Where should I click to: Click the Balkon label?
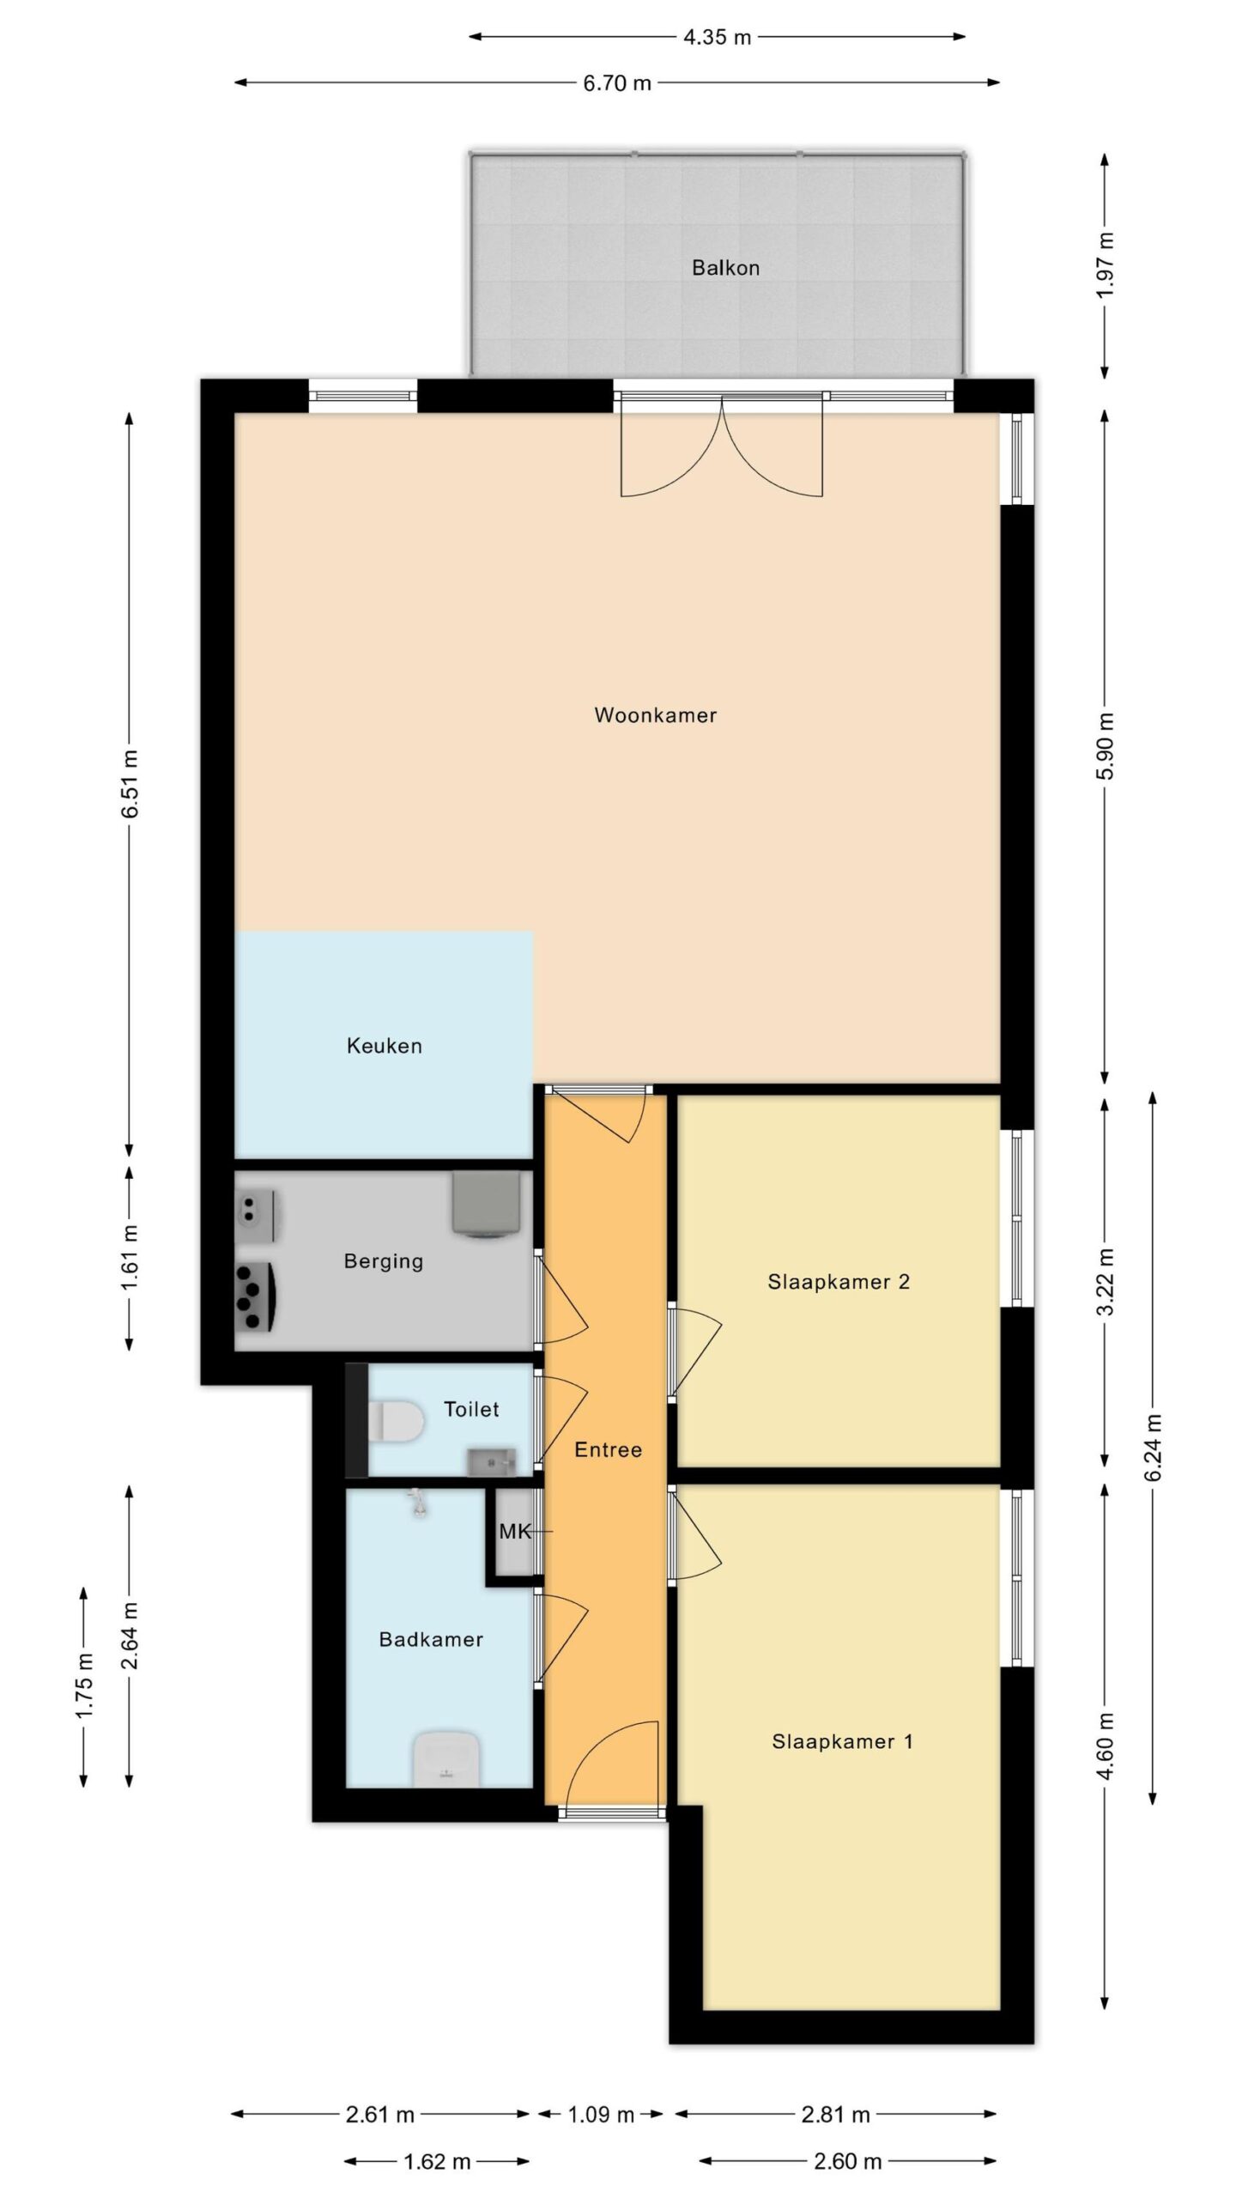(x=725, y=268)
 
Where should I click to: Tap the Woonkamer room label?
(x=655, y=715)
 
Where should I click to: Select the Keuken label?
(x=384, y=1046)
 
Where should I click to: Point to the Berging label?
(x=383, y=1261)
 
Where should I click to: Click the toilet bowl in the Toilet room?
(x=396, y=1420)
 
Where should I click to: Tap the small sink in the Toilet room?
(x=492, y=1460)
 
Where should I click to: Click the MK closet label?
(x=516, y=1531)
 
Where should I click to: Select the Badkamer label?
(x=431, y=1639)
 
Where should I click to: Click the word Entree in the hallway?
(x=608, y=1449)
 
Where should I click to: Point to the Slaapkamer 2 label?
(x=839, y=1282)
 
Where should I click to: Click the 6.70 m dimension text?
(x=617, y=83)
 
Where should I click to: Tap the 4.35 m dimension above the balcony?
(x=718, y=37)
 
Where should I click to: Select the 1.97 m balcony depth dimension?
(x=1106, y=265)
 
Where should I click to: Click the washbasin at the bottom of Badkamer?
(x=445, y=1759)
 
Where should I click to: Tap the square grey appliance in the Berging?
(x=486, y=1205)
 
